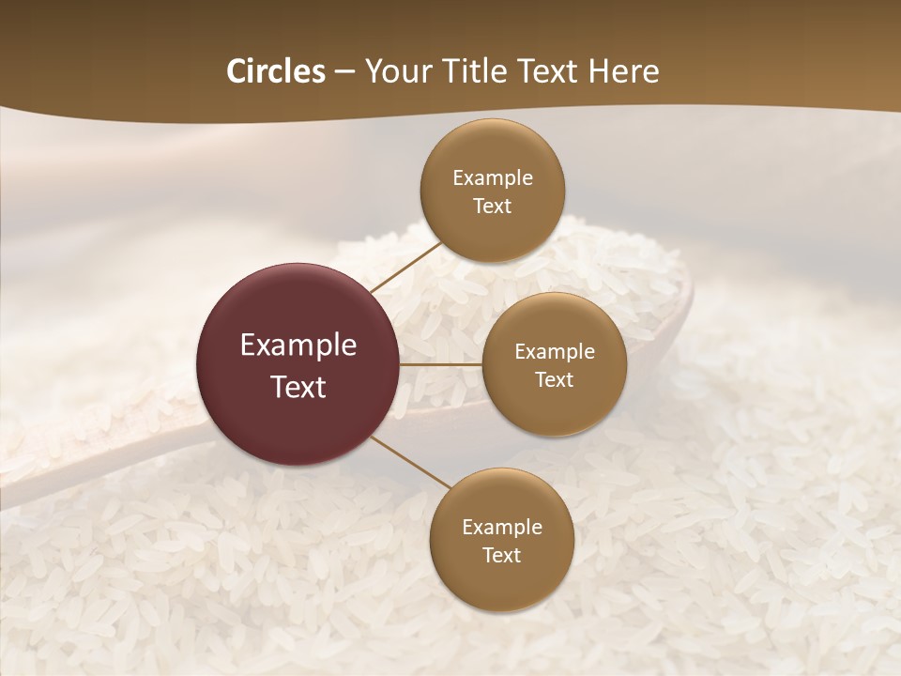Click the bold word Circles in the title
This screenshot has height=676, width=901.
point(275,71)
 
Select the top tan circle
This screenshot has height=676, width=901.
point(493,191)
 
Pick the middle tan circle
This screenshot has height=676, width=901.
point(554,364)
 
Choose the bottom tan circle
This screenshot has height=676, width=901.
point(501,540)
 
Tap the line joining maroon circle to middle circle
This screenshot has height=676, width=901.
point(441,364)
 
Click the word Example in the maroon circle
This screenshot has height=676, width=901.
point(298,346)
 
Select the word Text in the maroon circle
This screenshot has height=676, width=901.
point(298,387)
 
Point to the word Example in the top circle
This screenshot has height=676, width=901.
point(493,178)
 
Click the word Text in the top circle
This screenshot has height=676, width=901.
point(493,207)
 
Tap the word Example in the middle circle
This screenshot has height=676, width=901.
point(555,352)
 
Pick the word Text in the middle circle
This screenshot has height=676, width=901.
point(555,380)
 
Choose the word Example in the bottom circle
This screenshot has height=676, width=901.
point(502,528)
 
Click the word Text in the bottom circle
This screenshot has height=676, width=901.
point(502,556)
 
